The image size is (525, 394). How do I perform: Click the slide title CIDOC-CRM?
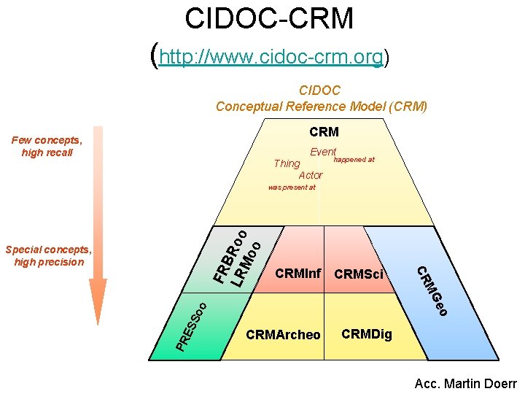[269, 19]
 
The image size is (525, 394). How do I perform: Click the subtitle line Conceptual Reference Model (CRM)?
[321, 107]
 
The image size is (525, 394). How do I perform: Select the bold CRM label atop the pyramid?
[324, 132]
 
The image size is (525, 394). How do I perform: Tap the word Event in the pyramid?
[323, 152]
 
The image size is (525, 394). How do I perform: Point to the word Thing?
[287, 163]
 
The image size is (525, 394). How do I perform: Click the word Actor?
[311, 175]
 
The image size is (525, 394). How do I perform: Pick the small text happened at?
[354, 159]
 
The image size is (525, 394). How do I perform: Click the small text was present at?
[292, 188]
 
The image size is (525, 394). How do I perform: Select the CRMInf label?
[297, 274]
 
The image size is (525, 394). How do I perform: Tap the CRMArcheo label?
[283, 335]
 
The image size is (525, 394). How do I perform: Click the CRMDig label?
[367, 334]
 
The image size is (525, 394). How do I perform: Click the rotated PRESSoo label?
[192, 324]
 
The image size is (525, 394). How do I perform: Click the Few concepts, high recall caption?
[47, 146]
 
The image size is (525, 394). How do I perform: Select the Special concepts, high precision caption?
[48, 255]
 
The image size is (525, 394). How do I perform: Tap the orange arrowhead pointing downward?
[98, 303]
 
